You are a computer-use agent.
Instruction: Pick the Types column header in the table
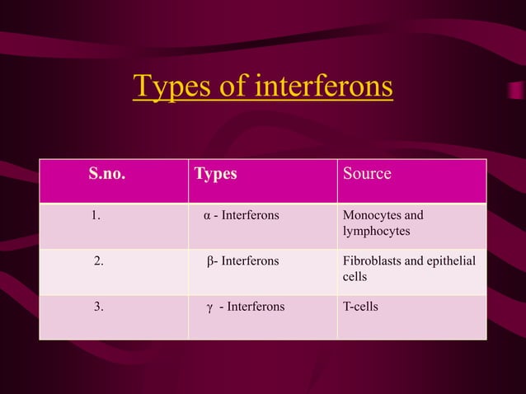pyautogui.click(x=215, y=174)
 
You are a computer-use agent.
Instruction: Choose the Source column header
pyautogui.click(x=367, y=174)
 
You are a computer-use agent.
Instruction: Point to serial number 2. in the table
pyautogui.click(x=99, y=261)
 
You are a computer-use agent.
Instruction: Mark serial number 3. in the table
pyautogui.click(x=99, y=307)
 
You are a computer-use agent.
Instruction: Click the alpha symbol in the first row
pyautogui.click(x=207, y=216)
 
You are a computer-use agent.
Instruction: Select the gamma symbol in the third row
pyautogui.click(x=209, y=307)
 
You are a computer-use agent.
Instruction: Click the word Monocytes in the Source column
pyautogui.click(x=371, y=216)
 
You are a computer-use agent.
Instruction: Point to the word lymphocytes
pyautogui.click(x=376, y=232)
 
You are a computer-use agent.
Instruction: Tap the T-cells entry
pyautogui.click(x=360, y=307)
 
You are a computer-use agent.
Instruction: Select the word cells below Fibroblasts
pyautogui.click(x=355, y=277)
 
